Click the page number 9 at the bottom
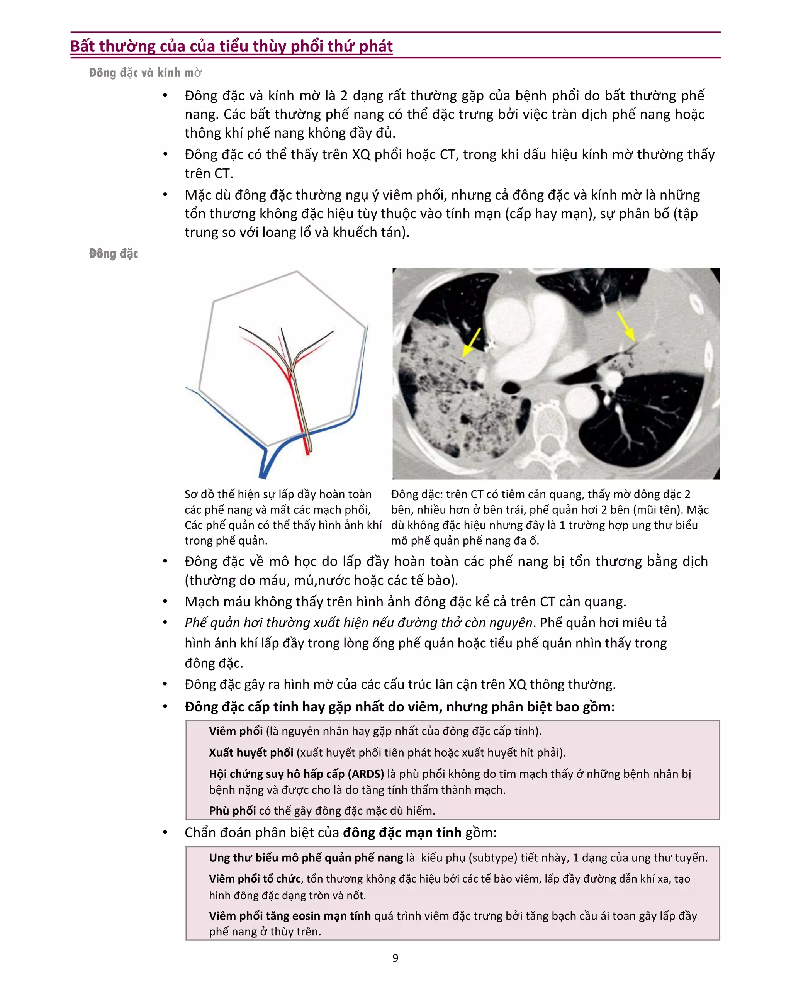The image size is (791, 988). pos(395,958)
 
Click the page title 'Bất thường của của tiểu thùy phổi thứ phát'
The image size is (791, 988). pos(231,46)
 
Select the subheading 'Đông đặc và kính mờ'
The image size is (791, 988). pos(145,72)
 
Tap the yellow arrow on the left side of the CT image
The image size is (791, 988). pos(472,342)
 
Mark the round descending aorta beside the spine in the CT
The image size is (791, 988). pos(581,401)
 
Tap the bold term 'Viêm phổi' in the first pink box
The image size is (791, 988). pos(236,730)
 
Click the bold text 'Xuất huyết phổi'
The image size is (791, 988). pos(251,752)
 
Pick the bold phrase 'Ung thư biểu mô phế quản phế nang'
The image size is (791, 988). pos(306,857)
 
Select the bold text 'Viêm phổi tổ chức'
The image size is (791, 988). pos(255,878)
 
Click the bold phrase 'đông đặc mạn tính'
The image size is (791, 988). pos(402,832)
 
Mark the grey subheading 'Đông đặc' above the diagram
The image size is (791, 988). pos(113,253)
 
